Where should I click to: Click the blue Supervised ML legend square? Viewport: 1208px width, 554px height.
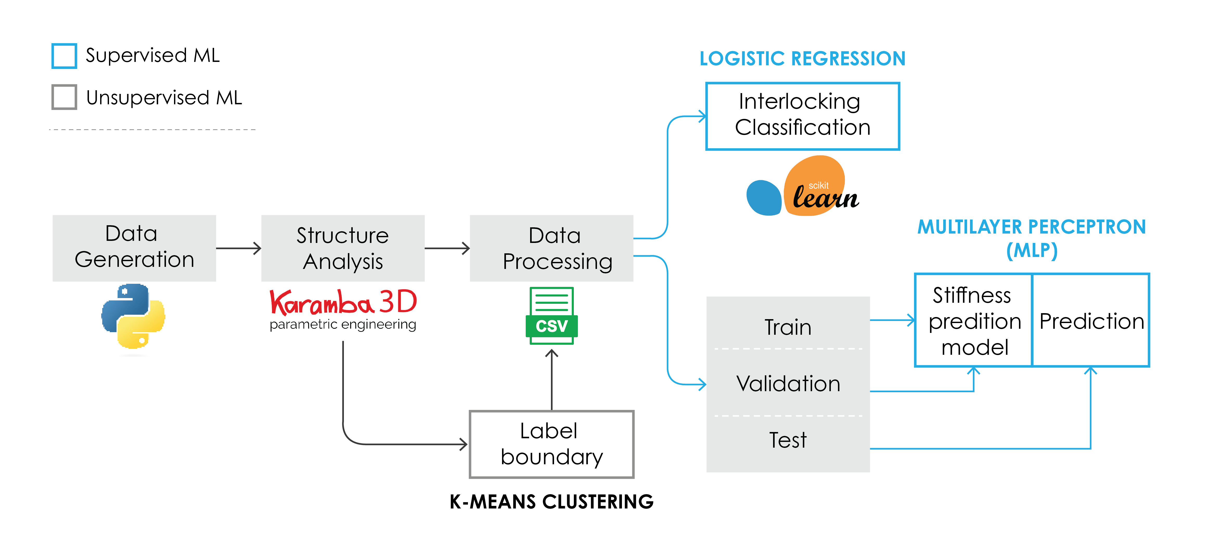pos(64,56)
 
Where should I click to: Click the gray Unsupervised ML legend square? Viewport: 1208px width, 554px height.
pos(64,97)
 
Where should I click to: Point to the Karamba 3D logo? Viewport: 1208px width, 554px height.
pos(343,309)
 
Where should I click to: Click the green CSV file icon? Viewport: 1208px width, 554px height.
pos(551,316)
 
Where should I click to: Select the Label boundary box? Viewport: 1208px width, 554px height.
pos(551,444)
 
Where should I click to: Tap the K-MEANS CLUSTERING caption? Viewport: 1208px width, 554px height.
pos(551,501)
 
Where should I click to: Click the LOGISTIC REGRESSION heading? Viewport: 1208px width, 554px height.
pos(802,59)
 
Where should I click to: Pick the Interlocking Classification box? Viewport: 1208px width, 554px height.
pos(802,116)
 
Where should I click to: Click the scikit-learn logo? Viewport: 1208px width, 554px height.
pos(802,188)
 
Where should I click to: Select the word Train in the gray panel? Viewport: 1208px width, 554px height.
pos(788,327)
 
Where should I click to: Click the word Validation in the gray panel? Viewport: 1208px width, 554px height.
pos(788,383)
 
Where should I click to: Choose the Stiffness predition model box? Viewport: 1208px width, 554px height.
pos(974,320)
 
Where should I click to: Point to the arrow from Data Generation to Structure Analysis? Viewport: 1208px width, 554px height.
pos(238,248)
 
